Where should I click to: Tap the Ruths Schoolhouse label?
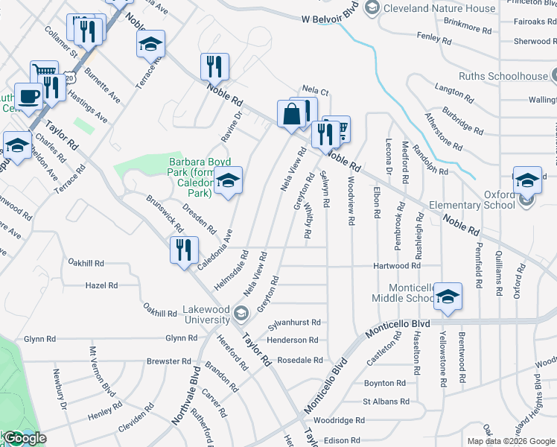503,76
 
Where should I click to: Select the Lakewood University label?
206,314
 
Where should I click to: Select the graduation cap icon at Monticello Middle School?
448,297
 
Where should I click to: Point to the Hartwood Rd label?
398,266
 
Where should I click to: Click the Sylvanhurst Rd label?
294,323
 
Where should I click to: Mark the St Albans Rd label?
386,402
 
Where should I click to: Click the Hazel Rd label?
101,285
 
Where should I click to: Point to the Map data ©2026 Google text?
510,441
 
